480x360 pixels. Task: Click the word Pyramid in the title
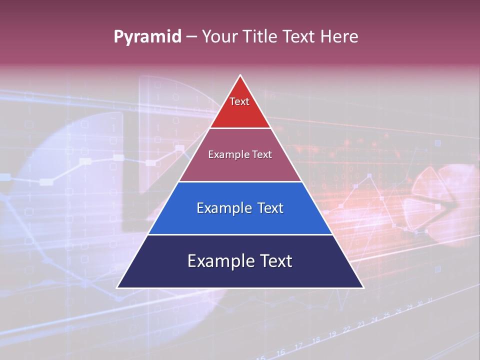tap(147, 37)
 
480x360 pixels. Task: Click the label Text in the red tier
tap(239, 101)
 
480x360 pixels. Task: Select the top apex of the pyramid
tap(240, 75)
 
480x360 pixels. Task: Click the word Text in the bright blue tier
tap(270, 208)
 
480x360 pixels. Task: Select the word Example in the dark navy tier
tap(218, 261)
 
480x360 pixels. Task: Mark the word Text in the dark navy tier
tap(275, 261)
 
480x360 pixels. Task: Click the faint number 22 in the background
tap(346, 329)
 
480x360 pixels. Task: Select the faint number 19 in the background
tap(331, 334)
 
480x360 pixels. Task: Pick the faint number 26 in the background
tap(398, 311)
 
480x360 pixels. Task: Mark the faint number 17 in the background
tap(298, 346)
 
